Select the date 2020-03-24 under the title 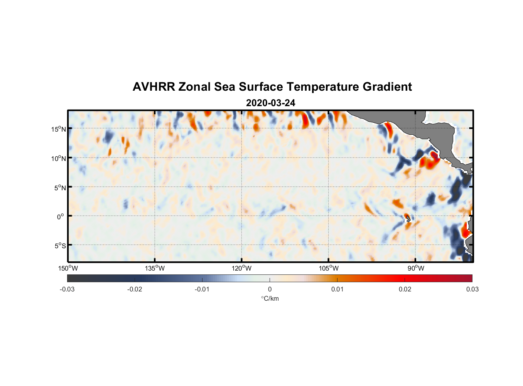click(270, 103)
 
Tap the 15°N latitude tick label click(59, 129)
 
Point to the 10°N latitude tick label click(59, 158)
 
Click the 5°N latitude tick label click(60, 188)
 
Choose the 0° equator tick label click(61, 217)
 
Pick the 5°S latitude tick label click(60, 246)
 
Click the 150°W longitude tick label click(68, 268)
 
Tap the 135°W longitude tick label click(155, 268)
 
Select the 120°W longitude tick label click(241, 268)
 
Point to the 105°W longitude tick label click(329, 268)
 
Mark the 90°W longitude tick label click(416, 268)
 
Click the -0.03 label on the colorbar click(67, 289)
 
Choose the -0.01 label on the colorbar click(202, 289)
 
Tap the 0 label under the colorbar click(270, 289)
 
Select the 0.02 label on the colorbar click(405, 289)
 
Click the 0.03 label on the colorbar click(472, 289)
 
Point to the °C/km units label click(270, 298)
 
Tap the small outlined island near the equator click(408, 219)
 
